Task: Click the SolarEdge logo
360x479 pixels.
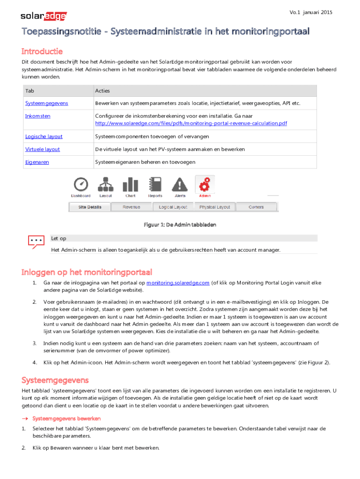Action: pyautogui.click(x=43, y=17)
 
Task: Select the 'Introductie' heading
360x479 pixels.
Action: pyautogui.click(x=42, y=51)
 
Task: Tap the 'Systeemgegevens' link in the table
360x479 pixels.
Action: pyautogui.click(x=47, y=103)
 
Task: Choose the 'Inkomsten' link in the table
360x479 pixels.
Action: pyautogui.click(x=38, y=116)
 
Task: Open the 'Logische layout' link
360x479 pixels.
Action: pyautogui.click(x=44, y=136)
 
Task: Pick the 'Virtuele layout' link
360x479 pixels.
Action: pyautogui.click(x=43, y=149)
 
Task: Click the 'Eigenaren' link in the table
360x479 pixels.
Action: pyautogui.click(x=37, y=162)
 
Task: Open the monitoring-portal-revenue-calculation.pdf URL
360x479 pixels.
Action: pyautogui.click(x=191, y=123)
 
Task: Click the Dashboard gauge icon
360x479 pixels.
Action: pyautogui.click(x=80, y=184)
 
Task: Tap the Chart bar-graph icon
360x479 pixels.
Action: pyautogui.click(x=130, y=184)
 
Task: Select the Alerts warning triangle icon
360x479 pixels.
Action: pyautogui.click(x=180, y=184)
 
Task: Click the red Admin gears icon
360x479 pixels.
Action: pyautogui.click(x=204, y=184)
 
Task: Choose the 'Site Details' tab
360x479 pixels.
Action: pyautogui.click(x=89, y=207)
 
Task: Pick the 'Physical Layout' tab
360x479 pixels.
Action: pyautogui.click(x=215, y=207)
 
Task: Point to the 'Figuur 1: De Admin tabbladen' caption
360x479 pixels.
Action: pyautogui.click(x=180, y=225)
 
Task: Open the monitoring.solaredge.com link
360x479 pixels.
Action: pyautogui.click(x=178, y=283)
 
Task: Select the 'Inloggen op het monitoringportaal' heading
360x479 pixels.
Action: pyautogui.click(x=87, y=272)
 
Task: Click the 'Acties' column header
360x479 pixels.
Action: pyautogui.click(x=102, y=91)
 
